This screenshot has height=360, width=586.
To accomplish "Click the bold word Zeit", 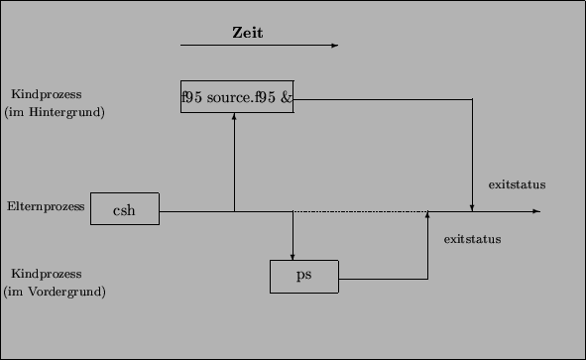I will click(x=247, y=32).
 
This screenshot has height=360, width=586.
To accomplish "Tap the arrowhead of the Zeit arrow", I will click(x=334, y=45).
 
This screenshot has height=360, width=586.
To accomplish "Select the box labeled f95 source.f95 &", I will click(x=237, y=96).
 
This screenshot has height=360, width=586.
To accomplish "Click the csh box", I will click(x=124, y=209).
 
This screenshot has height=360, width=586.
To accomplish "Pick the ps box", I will click(x=304, y=276).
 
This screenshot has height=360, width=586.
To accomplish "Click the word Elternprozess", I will click(x=45, y=206).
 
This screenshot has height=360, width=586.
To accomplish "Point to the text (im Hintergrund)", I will click(x=55, y=112).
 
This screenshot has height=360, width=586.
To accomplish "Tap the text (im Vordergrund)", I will click(x=56, y=291).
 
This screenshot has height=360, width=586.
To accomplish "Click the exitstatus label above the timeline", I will click(x=517, y=184).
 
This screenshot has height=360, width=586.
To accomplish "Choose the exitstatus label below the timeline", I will click(x=472, y=239).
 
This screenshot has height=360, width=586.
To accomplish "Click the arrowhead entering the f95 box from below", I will click(x=234, y=116).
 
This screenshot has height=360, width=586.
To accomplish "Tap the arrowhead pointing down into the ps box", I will click(x=293, y=256).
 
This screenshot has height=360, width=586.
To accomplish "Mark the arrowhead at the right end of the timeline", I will click(x=535, y=211).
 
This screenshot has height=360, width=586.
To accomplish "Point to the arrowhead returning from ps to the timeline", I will click(x=426, y=215).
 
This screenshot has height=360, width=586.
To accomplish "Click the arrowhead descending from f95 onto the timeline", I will click(x=472, y=207).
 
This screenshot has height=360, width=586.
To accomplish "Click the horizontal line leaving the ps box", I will click(x=382, y=279).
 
